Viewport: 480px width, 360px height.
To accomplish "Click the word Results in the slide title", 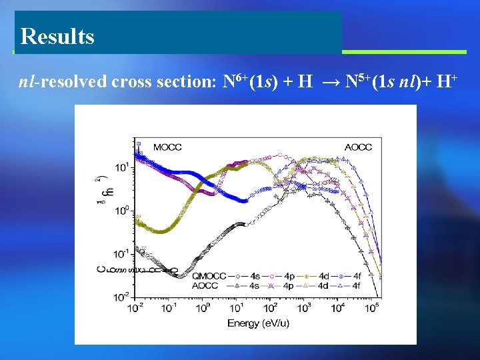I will (57, 36).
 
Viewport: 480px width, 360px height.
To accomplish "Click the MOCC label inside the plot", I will (167, 147).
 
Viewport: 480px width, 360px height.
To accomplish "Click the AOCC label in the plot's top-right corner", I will (358, 147).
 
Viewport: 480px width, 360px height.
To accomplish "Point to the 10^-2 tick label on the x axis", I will (135, 307).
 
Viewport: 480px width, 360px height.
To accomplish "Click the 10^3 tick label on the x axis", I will (305, 307).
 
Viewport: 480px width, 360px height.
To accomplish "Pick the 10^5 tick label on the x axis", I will (372, 307).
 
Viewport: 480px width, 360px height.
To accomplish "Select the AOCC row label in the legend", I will (204, 285).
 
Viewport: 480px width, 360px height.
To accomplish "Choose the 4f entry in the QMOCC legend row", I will (356, 275).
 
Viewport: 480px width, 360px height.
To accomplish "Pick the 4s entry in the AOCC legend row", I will (253, 285).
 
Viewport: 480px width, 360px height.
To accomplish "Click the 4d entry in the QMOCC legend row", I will (323, 275).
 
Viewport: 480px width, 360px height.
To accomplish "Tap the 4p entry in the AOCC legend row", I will (288, 285).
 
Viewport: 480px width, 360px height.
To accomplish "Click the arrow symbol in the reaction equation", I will (329, 83).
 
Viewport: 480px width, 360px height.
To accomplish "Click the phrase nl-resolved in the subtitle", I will (61, 83).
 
